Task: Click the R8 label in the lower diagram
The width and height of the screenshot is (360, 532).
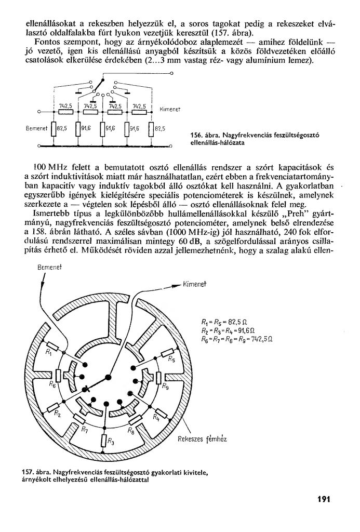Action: click(131, 431)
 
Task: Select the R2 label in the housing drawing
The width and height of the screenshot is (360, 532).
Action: click(58, 414)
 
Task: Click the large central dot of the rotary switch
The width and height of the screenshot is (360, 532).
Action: click(108, 377)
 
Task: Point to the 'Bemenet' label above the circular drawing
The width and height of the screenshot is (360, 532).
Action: click(50, 267)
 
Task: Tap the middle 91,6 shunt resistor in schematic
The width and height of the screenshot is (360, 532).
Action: click(103, 128)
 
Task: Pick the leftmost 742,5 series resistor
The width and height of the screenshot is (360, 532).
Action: click(65, 111)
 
